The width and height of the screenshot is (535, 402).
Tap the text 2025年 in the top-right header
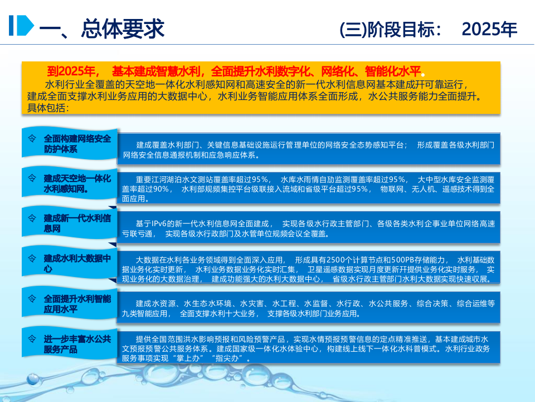coord(490,29)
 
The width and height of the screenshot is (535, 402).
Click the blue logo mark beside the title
coord(21,26)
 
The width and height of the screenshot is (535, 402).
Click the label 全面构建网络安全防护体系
coord(77,143)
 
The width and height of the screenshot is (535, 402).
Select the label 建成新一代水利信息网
coord(77,222)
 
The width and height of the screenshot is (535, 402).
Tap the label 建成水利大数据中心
coord(77,263)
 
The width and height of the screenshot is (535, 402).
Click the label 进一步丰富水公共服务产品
coord(77,344)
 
